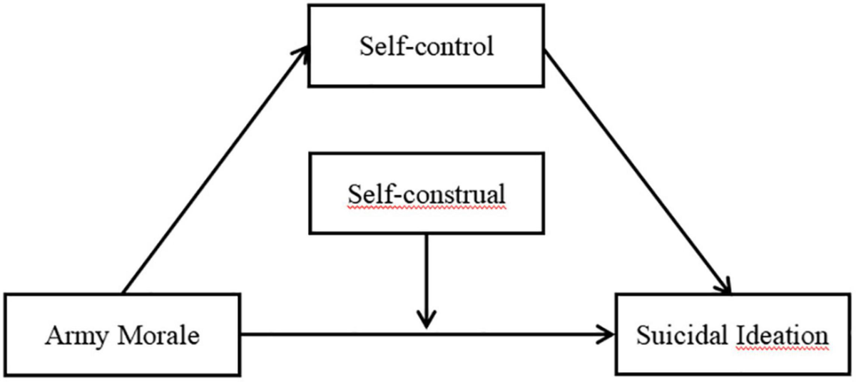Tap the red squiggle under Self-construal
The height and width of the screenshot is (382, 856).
click(426, 208)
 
